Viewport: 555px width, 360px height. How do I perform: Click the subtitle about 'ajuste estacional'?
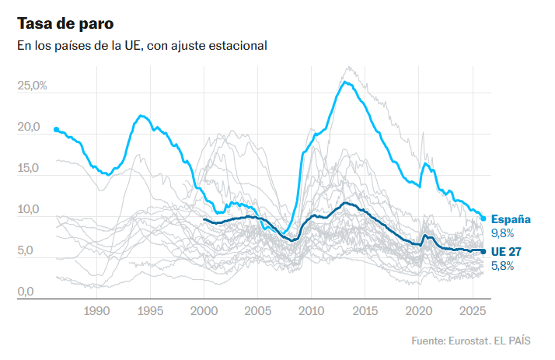142,46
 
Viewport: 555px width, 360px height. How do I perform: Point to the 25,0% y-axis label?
33,86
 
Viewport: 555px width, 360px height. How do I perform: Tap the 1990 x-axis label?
96,311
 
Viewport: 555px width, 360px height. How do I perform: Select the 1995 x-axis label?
150,311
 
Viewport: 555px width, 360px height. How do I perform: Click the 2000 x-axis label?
204,311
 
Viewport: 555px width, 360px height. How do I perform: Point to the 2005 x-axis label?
258,311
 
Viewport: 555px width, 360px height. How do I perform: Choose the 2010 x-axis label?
312,311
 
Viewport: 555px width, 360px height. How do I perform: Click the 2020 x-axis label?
419,311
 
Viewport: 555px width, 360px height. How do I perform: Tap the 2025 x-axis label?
473,311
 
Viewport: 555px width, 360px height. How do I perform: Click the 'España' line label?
511,219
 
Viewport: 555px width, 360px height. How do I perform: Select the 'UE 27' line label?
506,251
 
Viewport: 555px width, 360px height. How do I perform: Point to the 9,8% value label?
502,233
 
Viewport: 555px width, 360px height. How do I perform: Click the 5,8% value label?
502,265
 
